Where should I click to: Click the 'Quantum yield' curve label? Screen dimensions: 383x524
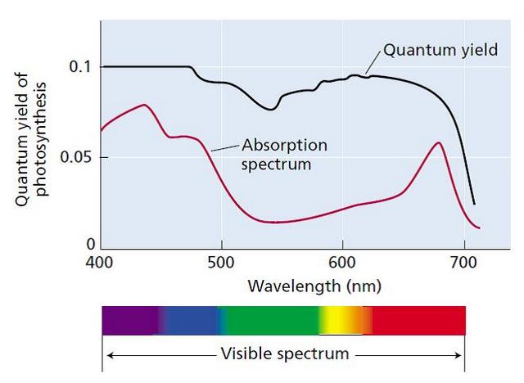(440, 50)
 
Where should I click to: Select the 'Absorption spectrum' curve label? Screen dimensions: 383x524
(283, 154)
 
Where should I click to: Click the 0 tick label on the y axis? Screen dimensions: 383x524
(91, 244)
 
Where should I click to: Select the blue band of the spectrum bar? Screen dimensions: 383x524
(190, 320)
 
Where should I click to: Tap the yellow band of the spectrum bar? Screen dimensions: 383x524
(334, 320)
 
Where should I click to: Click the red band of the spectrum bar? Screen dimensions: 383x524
(418, 320)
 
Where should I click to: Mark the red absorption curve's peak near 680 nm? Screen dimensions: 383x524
(439, 142)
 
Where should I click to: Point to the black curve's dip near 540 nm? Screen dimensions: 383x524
(272, 109)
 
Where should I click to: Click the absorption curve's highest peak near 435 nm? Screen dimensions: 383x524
(144, 105)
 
